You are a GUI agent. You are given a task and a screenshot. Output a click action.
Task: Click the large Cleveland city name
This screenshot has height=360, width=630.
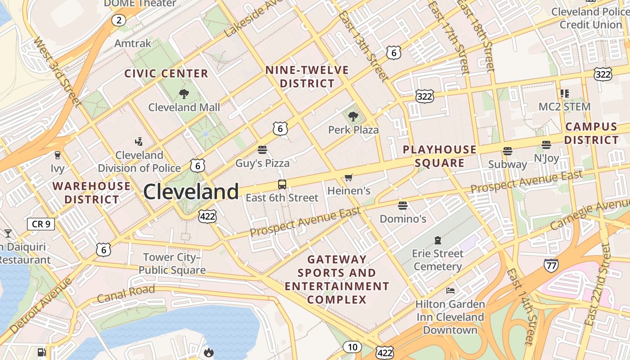pyautogui.click(x=191, y=192)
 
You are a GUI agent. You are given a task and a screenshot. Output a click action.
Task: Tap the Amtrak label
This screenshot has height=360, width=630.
pyautogui.click(x=133, y=43)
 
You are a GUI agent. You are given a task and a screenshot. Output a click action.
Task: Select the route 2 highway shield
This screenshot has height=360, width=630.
pyautogui.click(x=119, y=20)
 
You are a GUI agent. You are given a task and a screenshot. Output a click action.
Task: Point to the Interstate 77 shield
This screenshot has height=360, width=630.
pyautogui.click(x=551, y=265)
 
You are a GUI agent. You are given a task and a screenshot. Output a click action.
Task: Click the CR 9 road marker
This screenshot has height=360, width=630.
pyautogui.click(x=41, y=224)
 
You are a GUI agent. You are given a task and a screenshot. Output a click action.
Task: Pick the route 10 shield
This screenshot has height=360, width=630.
pyautogui.click(x=352, y=347)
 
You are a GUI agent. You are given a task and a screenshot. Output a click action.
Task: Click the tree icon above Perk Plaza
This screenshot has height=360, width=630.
pyautogui.click(x=353, y=117)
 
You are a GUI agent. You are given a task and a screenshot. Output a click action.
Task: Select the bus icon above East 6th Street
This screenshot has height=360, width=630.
pyautogui.click(x=282, y=184)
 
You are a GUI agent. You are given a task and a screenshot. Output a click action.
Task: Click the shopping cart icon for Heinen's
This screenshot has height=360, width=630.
pyautogui.click(x=349, y=178)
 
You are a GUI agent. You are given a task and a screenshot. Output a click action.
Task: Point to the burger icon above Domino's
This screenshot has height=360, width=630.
pyautogui.click(x=403, y=206)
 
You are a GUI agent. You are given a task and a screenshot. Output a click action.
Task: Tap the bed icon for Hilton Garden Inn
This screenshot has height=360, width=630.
pyautogui.click(x=450, y=290)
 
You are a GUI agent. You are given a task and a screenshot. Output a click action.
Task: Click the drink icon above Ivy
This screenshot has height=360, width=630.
pyautogui.click(x=57, y=155)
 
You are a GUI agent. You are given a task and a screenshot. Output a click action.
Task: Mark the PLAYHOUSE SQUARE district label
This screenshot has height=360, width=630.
pyautogui.click(x=439, y=156)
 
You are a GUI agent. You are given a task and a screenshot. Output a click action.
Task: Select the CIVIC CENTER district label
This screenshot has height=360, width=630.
pyautogui.click(x=166, y=73)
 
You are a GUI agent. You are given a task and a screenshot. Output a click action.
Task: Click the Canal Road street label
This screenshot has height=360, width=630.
pyautogui.click(x=126, y=294)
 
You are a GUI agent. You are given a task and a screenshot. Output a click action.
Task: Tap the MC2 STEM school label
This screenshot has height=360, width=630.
pyautogui.click(x=564, y=107)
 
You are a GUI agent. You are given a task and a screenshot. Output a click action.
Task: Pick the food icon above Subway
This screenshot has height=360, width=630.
pyautogui.click(x=508, y=151)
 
